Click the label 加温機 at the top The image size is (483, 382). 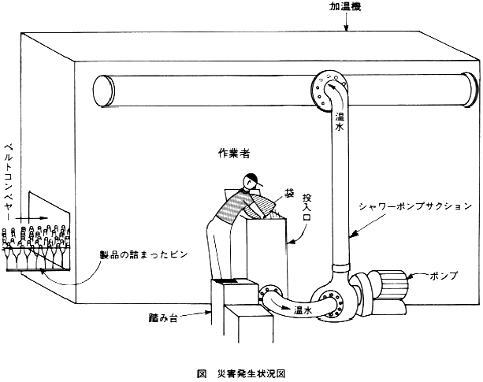click(345, 7)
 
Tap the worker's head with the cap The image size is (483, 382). click(251, 182)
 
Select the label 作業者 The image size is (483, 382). click(234, 154)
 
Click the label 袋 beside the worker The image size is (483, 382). click(288, 193)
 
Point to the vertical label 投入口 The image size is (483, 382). click(307, 207)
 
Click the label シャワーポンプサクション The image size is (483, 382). click(415, 206)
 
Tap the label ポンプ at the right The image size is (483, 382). click(444, 275)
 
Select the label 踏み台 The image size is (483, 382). click(163, 318)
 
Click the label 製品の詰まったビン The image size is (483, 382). click(143, 254)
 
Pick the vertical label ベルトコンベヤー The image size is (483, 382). click(8, 182)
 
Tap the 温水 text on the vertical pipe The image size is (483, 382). click(340, 121)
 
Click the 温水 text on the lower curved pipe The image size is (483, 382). click(303, 310)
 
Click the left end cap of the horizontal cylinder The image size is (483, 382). click(104, 91)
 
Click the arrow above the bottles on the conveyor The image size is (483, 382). click(32, 218)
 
